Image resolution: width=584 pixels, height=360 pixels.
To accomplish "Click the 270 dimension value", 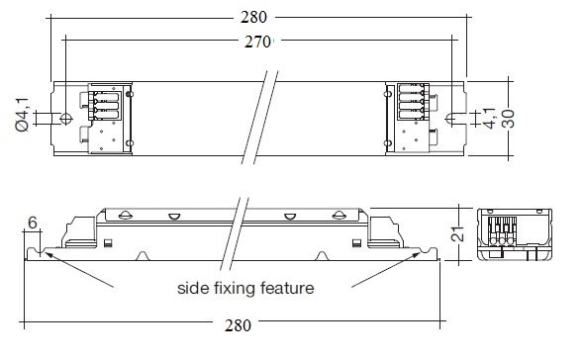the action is [x=257, y=42].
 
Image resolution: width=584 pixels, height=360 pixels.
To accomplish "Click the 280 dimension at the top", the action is [x=253, y=17].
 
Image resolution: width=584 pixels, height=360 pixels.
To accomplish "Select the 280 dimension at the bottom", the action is [x=238, y=325].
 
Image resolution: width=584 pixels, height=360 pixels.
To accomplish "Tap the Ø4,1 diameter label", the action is [x=22, y=115].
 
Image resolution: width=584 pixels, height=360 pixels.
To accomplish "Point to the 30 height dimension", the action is [x=508, y=119].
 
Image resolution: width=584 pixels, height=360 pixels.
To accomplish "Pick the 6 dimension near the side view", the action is [x=33, y=223].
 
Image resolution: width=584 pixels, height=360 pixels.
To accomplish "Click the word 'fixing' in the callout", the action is [x=235, y=289].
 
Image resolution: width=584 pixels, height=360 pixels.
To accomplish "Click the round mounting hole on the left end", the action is [x=66, y=119].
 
